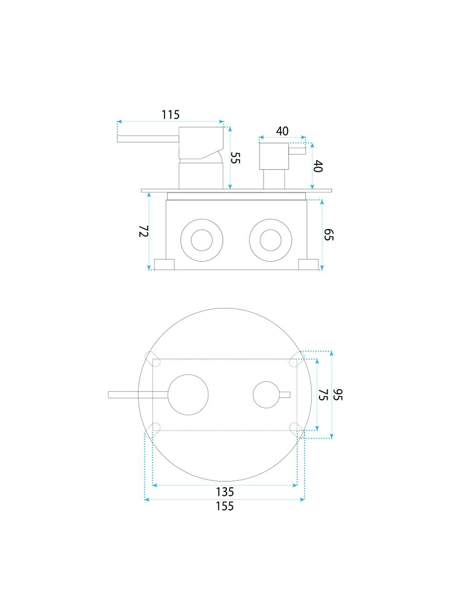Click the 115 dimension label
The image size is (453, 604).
tap(171, 115)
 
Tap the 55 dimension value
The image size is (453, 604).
tap(236, 158)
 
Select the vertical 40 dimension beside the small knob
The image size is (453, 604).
tap(318, 166)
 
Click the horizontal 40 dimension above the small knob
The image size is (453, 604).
tap(282, 131)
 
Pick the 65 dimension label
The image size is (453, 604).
tap(329, 235)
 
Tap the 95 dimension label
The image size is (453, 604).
tap(338, 394)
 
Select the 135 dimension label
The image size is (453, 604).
tap(225, 492)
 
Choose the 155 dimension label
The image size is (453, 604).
tap(225, 506)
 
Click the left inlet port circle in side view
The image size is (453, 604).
tap(198, 240)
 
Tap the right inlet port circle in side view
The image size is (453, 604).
tap(267, 240)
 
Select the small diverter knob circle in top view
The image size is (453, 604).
tap(266, 395)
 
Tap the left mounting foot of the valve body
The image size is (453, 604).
tap(164, 264)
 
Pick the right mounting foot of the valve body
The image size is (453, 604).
tap(308, 264)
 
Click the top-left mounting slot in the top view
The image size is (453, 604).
tap(151, 357)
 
